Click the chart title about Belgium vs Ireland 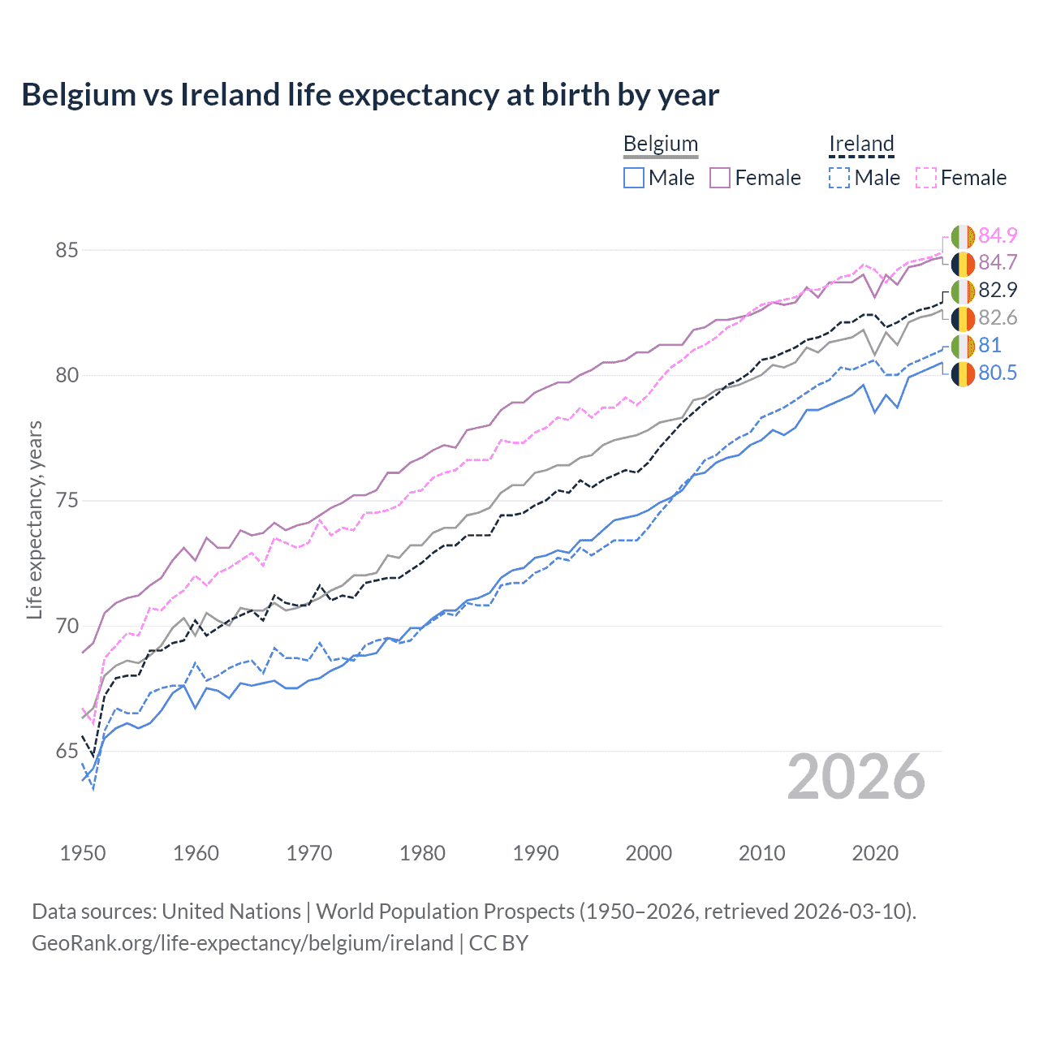click(x=370, y=95)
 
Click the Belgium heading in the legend click(x=660, y=144)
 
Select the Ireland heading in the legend click(x=861, y=144)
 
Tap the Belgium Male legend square click(x=634, y=178)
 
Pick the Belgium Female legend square click(x=720, y=178)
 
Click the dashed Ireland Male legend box click(x=839, y=178)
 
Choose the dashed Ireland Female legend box click(x=926, y=178)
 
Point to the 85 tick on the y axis click(x=67, y=250)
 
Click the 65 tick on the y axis click(x=67, y=752)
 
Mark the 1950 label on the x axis click(x=83, y=853)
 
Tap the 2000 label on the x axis click(x=649, y=853)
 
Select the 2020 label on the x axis click(x=875, y=853)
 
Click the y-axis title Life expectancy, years click(x=34, y=519)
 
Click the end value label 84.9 click(x=998, y=235)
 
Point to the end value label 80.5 click(x=998, y=373)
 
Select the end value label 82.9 click(x=998, y=291)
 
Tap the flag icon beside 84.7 click(x=963, y=263)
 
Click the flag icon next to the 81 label click(x=963, y=346)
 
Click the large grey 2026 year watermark click(x=856, y=777)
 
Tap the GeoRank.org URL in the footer click(x=242, y=943)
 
